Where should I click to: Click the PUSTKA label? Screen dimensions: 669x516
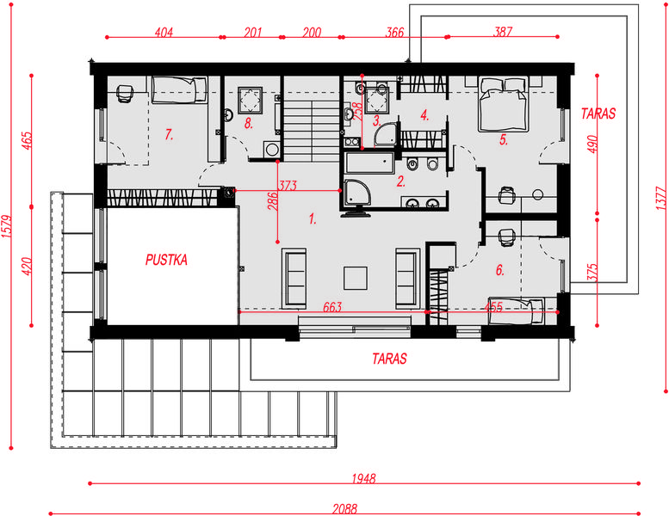click(x=166, y=260)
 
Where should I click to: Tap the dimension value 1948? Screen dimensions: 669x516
click(x=363, y=478)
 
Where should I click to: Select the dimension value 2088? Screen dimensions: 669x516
click(x=344, y=509)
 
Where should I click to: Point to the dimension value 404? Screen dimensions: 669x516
click(x=164, y=32)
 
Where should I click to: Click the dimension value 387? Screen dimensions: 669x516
click(x=503, y=32)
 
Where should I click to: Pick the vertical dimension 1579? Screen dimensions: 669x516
click(x=7, y=226)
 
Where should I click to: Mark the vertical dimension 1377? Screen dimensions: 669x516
click(x=661, y=198)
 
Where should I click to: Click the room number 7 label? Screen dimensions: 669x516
click(x=169, y=135)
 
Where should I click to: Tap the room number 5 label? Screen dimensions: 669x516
click(x=504, y=140)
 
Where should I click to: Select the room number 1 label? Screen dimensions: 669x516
click(x=313, y=219)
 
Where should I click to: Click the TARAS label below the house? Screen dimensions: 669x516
click(x=389, y=359)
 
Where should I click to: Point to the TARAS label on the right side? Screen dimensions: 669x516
click(x=598, y=114)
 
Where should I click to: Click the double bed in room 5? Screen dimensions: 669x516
click(x=504, y=104)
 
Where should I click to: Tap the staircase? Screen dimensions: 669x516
click(x=312, y=119)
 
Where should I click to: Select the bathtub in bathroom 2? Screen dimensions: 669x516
click(x=370, y=163)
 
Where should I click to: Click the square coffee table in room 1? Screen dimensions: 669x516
click(x=356, y=279)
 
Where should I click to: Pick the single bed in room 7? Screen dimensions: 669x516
click(x=180, y=90)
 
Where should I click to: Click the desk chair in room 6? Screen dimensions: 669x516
click(x=506, y=236)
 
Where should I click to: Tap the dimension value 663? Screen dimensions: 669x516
click(x=332, y=307)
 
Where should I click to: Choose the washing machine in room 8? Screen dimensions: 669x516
click(x=271, y=150)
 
